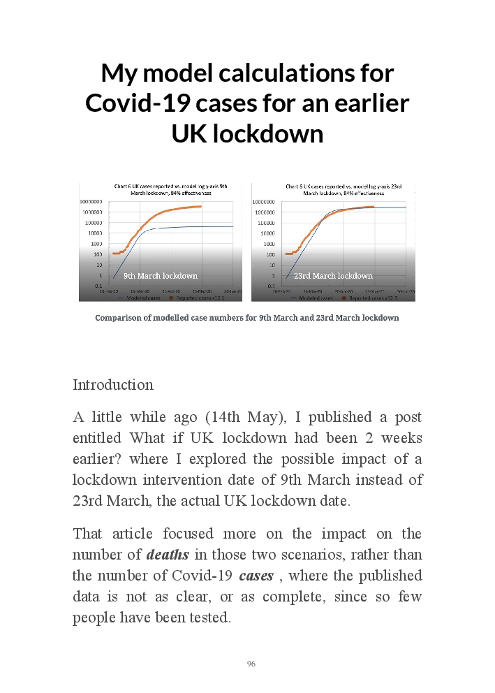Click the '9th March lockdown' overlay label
tap(160, 276)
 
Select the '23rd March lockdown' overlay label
tap(333, 276)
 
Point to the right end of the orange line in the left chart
tap(201, 206)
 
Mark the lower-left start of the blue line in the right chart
tap(286, 279)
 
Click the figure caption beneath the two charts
tap(247, 318)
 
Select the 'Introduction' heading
tap(113, 385)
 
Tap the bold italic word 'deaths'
tap(168, 556)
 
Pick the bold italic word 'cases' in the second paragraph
tap(256, 577)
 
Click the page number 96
tap(251, 664)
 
